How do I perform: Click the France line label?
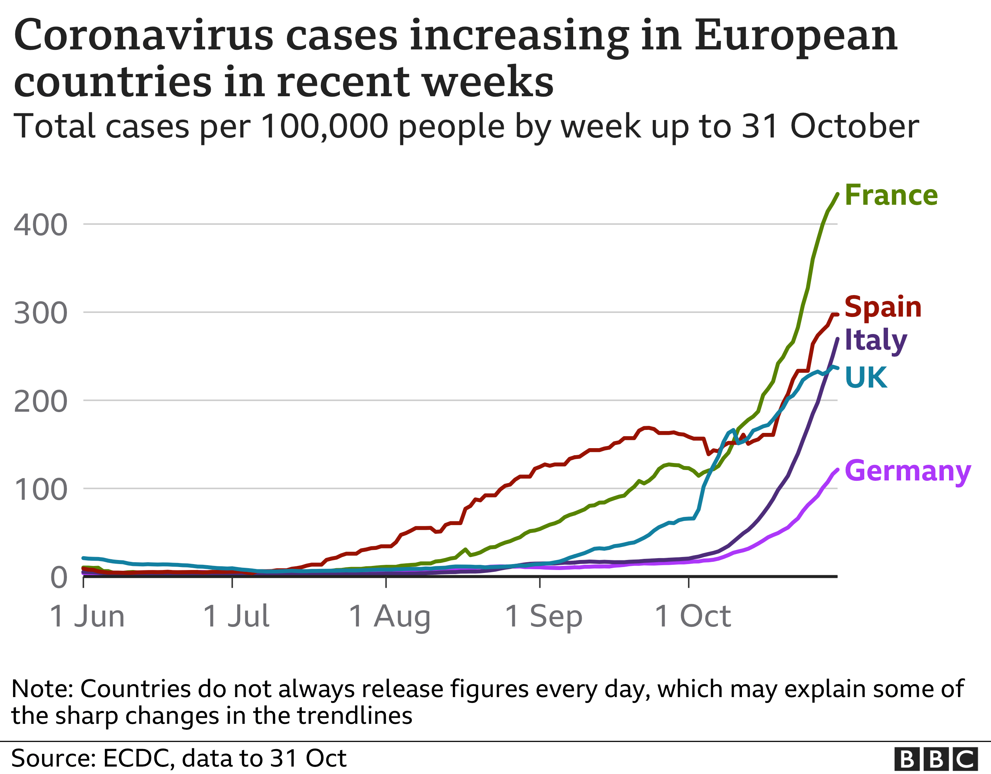891,195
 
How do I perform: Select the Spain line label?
883,307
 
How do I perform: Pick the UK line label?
866,378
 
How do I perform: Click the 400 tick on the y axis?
41,225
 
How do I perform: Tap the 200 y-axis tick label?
41,402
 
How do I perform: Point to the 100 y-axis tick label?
41,490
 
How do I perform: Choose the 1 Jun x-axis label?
87,616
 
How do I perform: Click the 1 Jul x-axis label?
236,616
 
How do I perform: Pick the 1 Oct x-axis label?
693,616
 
